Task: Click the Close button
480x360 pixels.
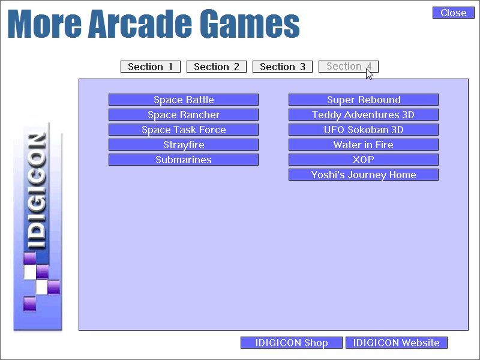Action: (453, 13)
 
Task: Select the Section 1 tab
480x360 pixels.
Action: (150, 67)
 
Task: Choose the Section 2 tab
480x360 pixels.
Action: (216, 67)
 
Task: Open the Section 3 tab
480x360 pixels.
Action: (282, 67)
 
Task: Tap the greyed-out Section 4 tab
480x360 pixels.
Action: (348, 67)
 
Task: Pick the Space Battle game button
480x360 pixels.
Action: (183, 100)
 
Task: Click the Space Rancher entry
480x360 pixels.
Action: (183, 115)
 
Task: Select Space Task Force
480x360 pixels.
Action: (183, 130)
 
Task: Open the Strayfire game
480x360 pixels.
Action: (183, 145)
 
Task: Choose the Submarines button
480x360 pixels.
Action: (183, 160)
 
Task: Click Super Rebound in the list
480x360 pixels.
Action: (363, 100)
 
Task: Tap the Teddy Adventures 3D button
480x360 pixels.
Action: (363, 115)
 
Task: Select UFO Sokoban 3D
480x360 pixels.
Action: (363, 130)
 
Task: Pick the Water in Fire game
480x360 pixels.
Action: (363, 145)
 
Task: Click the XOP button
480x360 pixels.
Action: (363, 160)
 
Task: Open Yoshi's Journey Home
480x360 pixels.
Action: (363, 175)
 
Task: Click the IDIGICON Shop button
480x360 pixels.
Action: (291, 343)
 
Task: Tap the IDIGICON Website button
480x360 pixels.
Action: (396, 343)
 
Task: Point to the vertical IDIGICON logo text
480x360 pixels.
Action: (37, 191)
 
